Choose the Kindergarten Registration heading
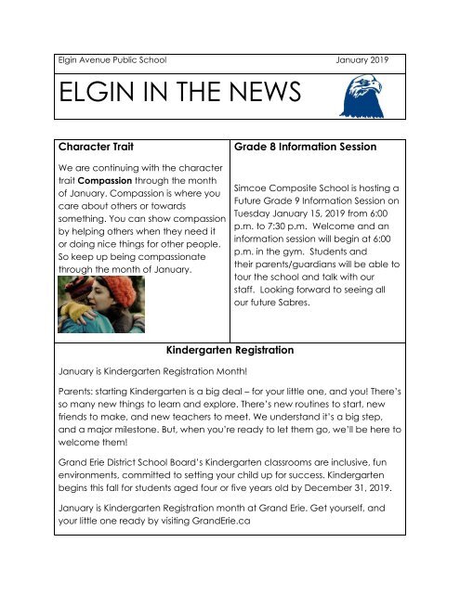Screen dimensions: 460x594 tap(230, 351)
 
